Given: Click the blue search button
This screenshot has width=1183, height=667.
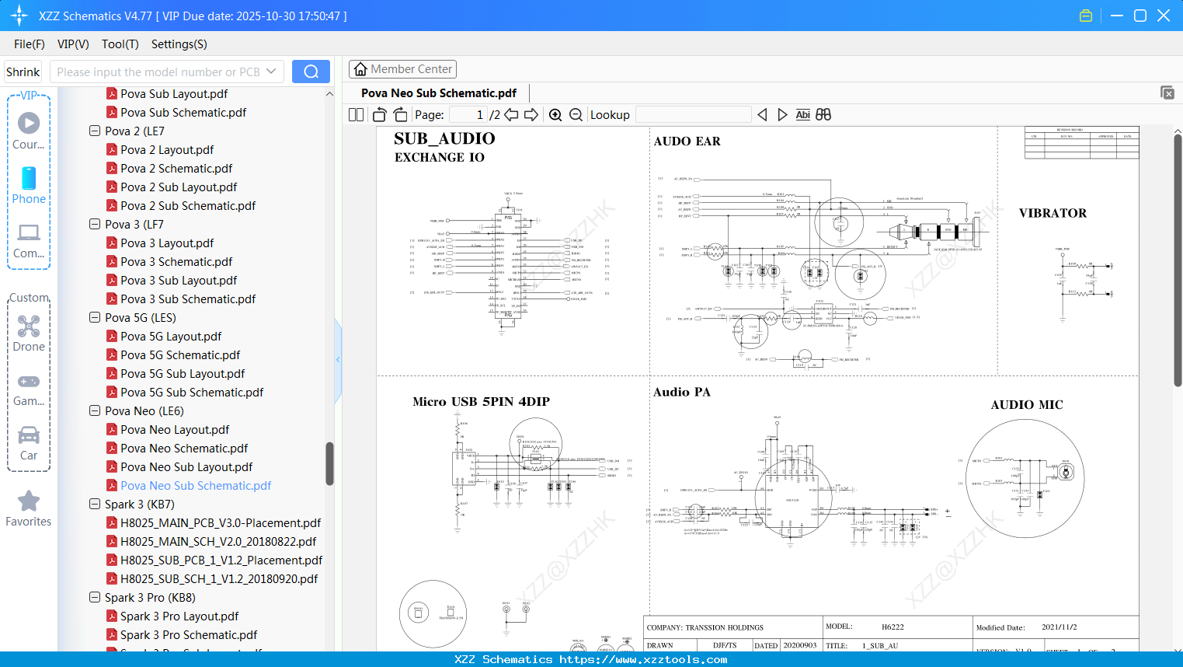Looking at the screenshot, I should click(311, 72).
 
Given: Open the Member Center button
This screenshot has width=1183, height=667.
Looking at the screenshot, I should click(402, 69).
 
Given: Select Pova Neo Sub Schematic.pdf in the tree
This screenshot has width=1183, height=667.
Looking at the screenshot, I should click(196, 486).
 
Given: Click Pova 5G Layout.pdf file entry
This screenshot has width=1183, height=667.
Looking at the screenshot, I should click(171, 337).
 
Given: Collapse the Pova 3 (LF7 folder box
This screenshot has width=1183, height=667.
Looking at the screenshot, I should click(95, 225).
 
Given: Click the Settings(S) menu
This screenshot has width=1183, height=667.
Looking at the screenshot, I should click(179, 44).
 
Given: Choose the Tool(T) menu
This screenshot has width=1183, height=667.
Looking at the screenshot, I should click(120, 44).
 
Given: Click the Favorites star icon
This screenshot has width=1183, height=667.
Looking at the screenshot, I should click(29, 501).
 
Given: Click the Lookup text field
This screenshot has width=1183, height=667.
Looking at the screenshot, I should click(693, 115).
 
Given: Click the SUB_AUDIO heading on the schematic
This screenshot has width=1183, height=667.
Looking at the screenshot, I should click(444, 138).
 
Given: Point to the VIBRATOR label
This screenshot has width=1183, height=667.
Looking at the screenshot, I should click(1053, 213).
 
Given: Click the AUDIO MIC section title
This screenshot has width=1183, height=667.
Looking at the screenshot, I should click(1026, 405).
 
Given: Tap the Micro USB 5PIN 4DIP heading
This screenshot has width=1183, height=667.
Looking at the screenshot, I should click(481, 402).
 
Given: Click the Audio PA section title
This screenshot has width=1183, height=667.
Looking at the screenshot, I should click(681, 393).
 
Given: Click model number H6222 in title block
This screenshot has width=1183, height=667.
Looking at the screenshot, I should click(892, 627).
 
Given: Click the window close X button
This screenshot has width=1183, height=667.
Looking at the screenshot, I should click(1163, 16).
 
